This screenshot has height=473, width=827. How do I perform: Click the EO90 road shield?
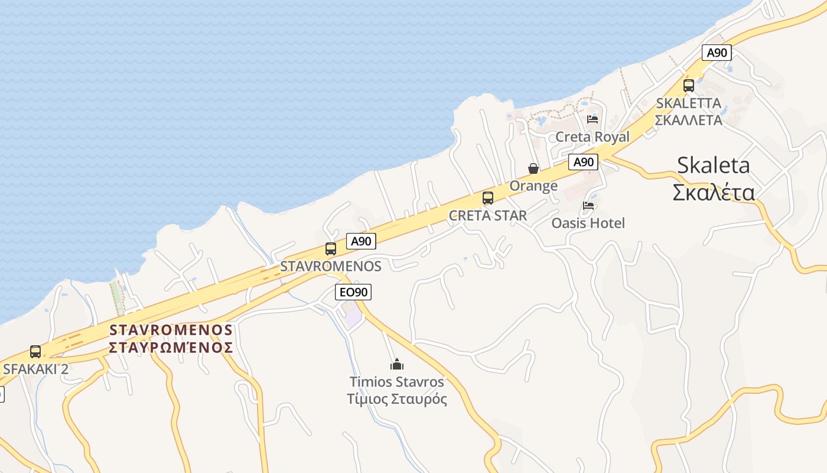tap(353, 291)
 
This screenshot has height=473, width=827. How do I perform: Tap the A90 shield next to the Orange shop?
tap(583, 162)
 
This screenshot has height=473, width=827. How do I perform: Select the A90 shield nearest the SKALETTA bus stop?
tap(717, 53)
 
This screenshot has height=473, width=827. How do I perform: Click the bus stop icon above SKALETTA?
tap(689, 85)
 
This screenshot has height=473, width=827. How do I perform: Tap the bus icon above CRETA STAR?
tap(488, 198)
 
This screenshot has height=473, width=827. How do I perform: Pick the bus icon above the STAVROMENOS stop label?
tap(331, 249)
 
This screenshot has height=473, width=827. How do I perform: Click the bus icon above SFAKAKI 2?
tap(35, 352)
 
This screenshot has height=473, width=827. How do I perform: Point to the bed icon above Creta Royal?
tap(592, 119)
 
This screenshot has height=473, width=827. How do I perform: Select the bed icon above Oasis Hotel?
tap(588, 206)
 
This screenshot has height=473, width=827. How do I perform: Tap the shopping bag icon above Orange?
tap(533, 169)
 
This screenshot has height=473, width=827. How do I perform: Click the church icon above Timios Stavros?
tap(397, 364)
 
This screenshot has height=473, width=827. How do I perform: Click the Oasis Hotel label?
tap(588, 223)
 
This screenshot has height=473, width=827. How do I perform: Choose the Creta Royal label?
tap(592, 137)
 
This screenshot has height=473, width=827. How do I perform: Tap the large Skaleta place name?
tap(714, 165)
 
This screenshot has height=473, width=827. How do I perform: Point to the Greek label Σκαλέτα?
tap(714, 193)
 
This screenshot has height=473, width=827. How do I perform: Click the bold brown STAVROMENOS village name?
tap(171, 329)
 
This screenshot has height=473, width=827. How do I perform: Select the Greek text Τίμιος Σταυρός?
tap(397, 399)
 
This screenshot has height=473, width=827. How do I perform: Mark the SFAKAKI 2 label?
tap(35, 369)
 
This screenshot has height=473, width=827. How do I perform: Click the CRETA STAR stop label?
tap(488, 216)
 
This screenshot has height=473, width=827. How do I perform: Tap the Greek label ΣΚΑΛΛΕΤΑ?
tap(689, 120)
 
